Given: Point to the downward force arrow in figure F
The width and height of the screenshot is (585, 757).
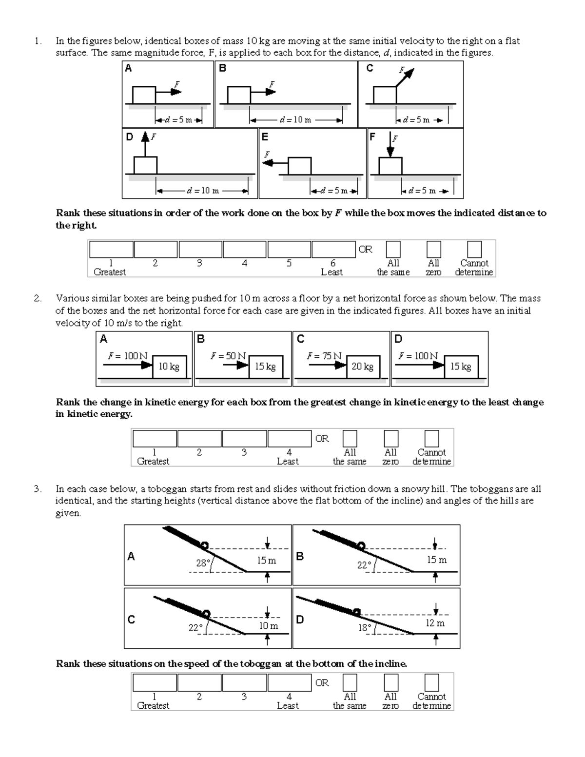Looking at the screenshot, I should click(390, 145).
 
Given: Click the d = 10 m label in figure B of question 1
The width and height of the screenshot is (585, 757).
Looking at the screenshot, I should click(295, 120).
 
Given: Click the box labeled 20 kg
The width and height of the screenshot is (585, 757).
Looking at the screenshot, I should click(362, 367).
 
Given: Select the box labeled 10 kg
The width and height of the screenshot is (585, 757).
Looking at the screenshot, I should click(169, 367).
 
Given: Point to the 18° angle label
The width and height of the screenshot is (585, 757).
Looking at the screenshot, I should click(365, 627).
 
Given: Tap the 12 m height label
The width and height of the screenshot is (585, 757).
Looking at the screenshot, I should click(435, 623).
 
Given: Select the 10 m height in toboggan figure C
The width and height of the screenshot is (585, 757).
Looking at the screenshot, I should click(268, 625).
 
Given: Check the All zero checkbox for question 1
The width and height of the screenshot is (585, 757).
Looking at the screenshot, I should click(433, 249).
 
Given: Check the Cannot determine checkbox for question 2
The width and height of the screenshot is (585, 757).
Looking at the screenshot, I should click(431, 438).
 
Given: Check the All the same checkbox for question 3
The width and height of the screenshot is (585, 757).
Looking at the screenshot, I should click(350, 682).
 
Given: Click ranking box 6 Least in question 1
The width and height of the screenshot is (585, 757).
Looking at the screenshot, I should click(333, 249).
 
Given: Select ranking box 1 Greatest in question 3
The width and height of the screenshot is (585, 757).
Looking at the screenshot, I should click(154, 682).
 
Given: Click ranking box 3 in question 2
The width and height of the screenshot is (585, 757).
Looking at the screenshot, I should click(244, 438).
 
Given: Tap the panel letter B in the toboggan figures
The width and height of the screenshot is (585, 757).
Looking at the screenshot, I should click(300, 556).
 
